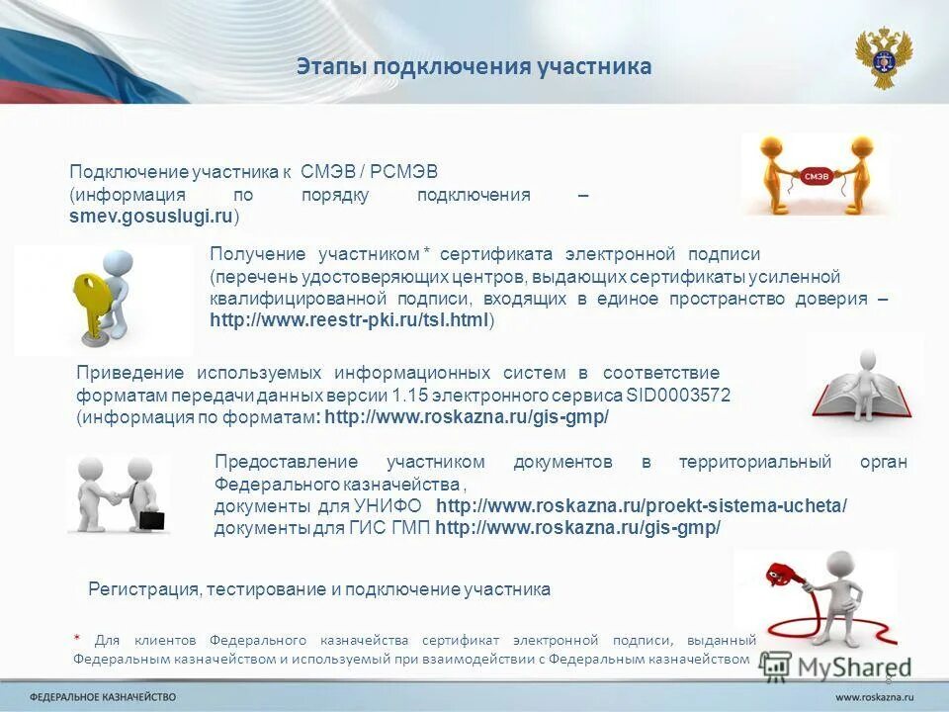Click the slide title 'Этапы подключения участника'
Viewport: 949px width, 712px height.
474,67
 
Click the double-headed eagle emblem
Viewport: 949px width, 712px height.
883,57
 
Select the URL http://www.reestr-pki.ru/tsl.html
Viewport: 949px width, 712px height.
349,320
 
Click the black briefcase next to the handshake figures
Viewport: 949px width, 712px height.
151,518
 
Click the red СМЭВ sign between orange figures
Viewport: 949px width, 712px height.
817,175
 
